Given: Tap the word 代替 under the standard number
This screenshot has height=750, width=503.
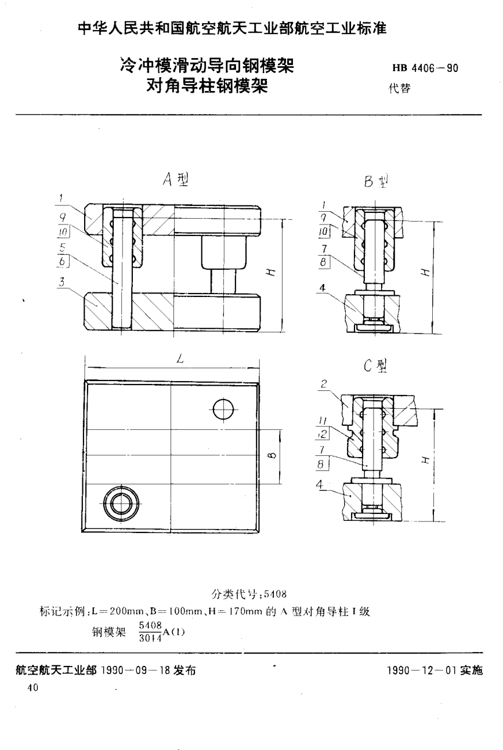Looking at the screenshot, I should [400, 89].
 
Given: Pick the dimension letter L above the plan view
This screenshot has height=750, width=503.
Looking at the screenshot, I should [180, 360].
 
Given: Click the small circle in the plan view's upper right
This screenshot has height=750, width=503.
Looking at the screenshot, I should [223, 410].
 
